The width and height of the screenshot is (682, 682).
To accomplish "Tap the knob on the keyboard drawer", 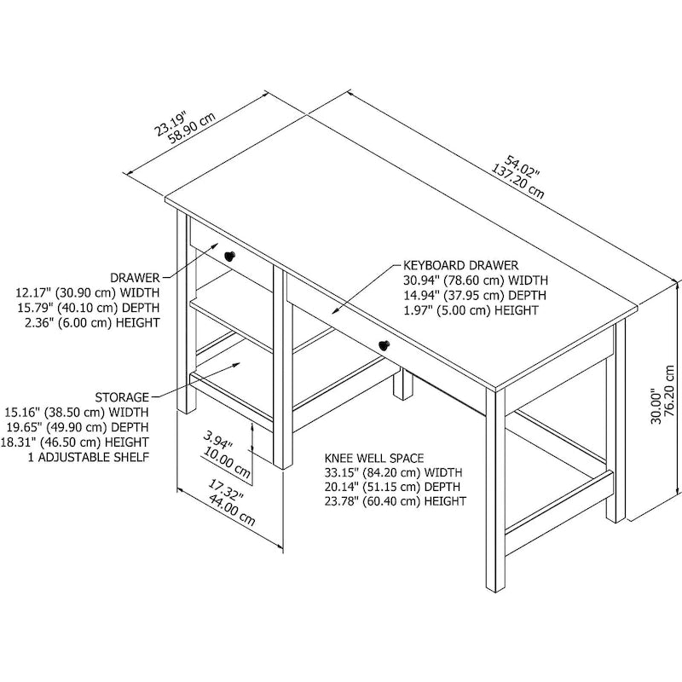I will pyautogui.click(x=383, y=344).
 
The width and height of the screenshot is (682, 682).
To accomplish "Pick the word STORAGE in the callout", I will pyautogui.click(x=121, y=396).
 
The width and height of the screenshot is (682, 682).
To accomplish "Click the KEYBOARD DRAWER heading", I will pyautogui.click(x=460, y=265).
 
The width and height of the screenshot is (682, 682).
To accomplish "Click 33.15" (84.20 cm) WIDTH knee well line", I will pyautogui.click(x=393, y=472).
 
